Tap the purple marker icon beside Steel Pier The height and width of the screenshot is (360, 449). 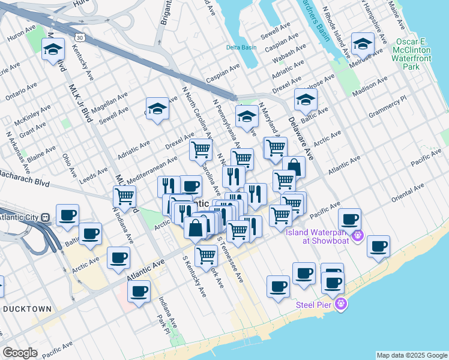342,305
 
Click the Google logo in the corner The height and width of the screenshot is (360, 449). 20,353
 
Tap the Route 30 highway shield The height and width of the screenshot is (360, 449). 80,38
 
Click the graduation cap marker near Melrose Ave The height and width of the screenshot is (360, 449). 363,43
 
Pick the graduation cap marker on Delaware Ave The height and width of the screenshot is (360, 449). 305,99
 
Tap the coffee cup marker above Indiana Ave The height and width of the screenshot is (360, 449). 139,292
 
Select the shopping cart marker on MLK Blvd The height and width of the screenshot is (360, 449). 124,196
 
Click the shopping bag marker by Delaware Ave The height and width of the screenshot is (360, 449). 294,167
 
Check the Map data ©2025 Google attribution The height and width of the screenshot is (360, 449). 411,355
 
